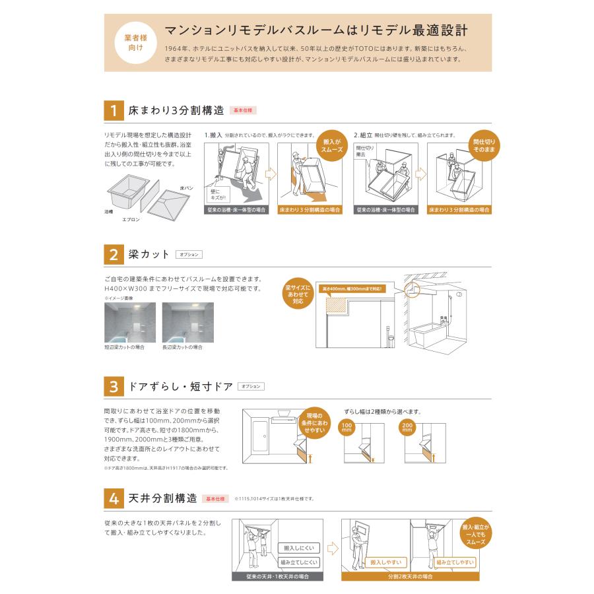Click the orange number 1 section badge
pos(114,110)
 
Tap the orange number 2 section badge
pos(114,255)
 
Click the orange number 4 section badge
pos(114,498)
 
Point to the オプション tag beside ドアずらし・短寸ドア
pos(251,386)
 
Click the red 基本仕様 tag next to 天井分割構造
pos(214,498)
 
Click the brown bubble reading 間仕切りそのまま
pos(484,146)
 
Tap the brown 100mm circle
pos(348,427)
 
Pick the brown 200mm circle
pos(407,427)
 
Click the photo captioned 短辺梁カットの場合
pos(129,322)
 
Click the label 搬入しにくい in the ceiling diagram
pos(300,548)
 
